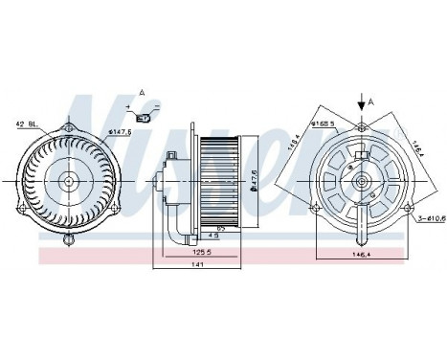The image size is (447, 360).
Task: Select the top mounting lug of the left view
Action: coord(69,125)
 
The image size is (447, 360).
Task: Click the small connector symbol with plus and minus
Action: coord(144,119)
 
